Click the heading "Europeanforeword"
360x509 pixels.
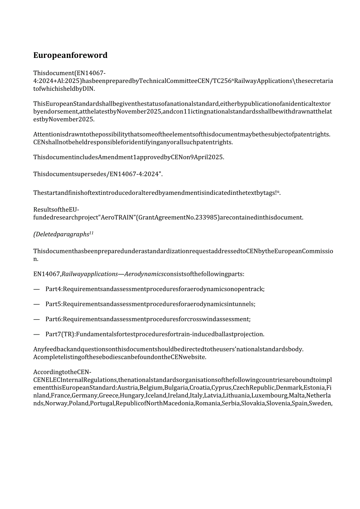point(70,55)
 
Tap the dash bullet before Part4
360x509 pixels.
point(37,289)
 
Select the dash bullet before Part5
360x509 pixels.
point(37,304)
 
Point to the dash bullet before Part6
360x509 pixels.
point(37,319)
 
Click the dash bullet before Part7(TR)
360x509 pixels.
point(37,334)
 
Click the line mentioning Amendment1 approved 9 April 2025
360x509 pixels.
point(129,157)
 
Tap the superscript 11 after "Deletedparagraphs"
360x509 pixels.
point(91,233)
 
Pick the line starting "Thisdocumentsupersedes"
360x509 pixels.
point(98,174)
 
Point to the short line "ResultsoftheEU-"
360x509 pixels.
point(56,210)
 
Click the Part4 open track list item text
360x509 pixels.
point(155,289)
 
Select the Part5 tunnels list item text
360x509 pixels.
point(150,304)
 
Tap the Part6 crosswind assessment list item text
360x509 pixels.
point(148,319)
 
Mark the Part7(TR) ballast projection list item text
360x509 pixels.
point(155,334)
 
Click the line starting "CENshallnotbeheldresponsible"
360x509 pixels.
point(133,142)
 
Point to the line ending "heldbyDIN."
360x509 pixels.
point(64,88)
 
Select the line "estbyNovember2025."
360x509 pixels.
point(64,119)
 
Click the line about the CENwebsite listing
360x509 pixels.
point(119,357)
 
